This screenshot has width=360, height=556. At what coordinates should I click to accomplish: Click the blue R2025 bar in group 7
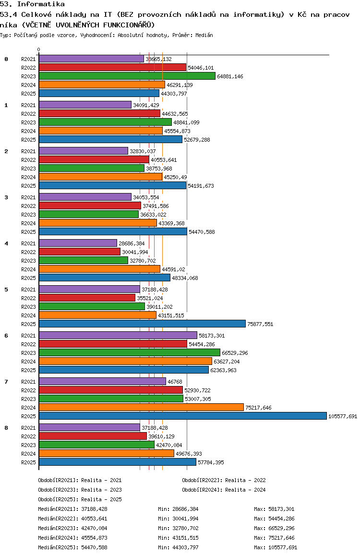click(182, 416)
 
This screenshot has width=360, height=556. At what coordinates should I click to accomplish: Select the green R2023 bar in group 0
click(127, 76)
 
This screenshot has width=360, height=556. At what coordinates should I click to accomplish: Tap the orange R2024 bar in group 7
click(141, 407)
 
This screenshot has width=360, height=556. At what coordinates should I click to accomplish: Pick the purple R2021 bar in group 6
click(118, 335)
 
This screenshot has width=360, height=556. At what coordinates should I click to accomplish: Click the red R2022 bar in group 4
click(79, 252)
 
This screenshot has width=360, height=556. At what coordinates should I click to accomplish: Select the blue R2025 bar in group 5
click(142, 324)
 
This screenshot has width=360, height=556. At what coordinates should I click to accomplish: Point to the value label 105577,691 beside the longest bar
click(343, 416)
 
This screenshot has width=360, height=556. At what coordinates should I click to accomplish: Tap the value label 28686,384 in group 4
click(132, 243)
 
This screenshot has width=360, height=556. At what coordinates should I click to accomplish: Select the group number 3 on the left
click(6, 197)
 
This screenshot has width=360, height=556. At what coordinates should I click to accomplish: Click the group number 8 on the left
click(6, 427)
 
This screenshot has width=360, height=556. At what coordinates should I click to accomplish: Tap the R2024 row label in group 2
click(29, 177)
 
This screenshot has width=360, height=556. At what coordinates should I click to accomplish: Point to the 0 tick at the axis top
click(39, 49)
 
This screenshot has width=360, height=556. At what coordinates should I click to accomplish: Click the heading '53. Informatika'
click(33, 4)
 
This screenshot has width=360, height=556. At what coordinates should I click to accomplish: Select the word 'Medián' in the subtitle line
click(204, 35)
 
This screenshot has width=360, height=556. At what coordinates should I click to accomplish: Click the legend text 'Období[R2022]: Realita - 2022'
click(224, 480)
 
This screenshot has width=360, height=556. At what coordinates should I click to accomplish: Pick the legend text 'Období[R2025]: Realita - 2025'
click(80, 499)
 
